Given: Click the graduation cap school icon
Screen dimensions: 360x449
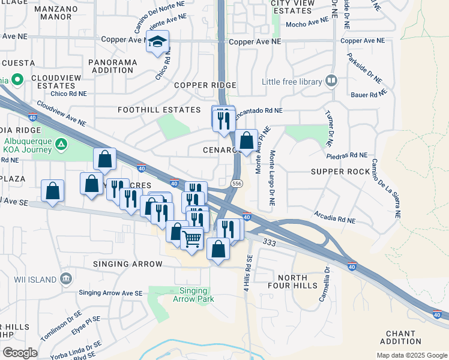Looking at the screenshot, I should (x=158, y=42).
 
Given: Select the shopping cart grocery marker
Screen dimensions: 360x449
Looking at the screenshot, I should (x=191, y=238).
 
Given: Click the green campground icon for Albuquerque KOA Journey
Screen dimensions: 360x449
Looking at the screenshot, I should (x=61, y=143).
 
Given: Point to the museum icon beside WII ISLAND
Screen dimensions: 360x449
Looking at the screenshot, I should (x=66, y=279).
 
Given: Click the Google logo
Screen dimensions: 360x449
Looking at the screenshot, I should (x=20, y=353).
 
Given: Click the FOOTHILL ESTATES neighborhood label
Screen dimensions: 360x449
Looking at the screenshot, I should (x=159, y=110).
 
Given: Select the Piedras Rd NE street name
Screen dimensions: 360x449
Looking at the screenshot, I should (x=346, y=155).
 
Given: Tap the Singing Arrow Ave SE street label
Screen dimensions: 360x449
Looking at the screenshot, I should (x=110, y=293).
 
